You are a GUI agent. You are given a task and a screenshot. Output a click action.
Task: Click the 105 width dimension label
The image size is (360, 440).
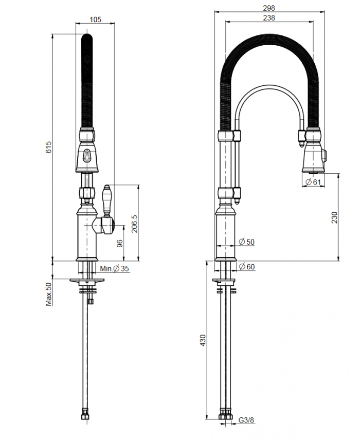click(x=95, y=20)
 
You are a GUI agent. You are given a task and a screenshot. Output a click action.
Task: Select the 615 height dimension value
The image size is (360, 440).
click(x=48, y=147)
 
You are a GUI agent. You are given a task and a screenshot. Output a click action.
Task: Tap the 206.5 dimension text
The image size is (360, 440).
click(x=134, y=224)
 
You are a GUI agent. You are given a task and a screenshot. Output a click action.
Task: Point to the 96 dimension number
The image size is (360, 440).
click(x=120, y=243)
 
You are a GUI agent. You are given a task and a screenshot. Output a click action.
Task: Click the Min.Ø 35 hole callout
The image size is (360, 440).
click(x=115, y=268)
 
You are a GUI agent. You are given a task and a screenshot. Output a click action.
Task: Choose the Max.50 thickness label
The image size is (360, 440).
click(x=49, y=294)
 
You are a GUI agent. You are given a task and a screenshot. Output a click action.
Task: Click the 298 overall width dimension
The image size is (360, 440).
click(x=269, y=8)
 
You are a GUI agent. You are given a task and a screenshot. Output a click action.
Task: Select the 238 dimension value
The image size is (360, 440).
click(x=269, y=17)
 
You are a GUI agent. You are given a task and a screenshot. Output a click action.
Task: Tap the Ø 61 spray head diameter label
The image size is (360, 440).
click(x=313, y=182)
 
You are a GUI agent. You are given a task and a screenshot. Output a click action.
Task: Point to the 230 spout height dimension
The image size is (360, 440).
click(x=334, y=217)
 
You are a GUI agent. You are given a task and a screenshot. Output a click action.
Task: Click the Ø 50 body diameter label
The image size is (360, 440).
click(x=246, y=242)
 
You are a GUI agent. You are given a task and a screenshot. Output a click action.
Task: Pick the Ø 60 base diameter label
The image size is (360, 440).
click(x=246, y=266)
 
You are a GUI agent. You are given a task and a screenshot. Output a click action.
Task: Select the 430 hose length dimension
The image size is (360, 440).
click(x=203, y=340)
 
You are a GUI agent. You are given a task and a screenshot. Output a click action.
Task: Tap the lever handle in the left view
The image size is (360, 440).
click(x=107, y=200)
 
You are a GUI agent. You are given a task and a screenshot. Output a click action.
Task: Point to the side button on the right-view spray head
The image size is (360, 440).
click(x=325, y=155)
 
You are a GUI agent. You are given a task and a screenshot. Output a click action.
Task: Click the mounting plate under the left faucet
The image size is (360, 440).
click(x=87, y=280)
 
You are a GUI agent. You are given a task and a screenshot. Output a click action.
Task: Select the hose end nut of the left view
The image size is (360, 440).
click(x=85, y=416)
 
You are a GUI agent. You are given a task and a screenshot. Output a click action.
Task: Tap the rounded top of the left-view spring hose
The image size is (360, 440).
click(x=87, y=37)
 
